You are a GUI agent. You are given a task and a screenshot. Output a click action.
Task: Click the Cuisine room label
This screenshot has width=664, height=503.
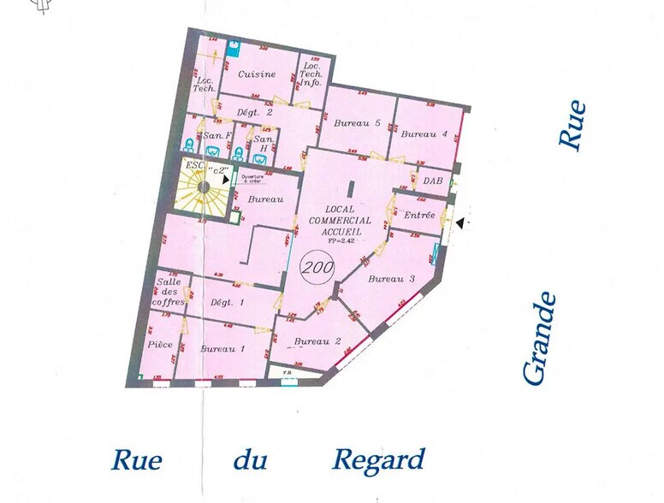click(x=257, y=74)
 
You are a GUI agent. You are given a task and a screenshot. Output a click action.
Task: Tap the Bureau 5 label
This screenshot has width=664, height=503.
click(x=358, y=123)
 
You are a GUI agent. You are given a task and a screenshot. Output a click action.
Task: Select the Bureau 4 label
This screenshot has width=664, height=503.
click(x=424, y=133)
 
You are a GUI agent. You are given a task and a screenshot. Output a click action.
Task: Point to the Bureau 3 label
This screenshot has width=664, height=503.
click(x=392, y=279)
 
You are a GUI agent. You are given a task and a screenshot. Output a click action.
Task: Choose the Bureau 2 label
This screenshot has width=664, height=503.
click(x=317, y=341)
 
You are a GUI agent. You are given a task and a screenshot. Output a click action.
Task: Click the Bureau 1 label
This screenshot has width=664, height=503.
click(x=222, y=349)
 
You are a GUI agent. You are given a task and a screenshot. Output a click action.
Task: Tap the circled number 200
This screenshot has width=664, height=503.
click(x=317, y=267)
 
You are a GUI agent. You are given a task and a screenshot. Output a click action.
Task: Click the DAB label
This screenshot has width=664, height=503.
click(x=432, y=180)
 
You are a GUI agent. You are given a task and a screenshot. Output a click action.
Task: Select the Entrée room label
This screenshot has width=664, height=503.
click(x=419, y=215)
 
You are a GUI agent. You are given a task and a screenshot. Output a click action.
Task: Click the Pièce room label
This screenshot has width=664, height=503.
click(x=160, y=344)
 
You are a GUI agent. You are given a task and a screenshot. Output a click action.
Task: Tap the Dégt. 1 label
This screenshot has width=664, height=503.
click(x=227, y=303)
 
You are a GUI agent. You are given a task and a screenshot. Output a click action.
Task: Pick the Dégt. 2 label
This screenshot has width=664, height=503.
click(x=254, y=112)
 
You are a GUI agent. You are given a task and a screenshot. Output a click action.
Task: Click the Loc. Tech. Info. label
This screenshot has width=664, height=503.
click(x=310, y=75)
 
